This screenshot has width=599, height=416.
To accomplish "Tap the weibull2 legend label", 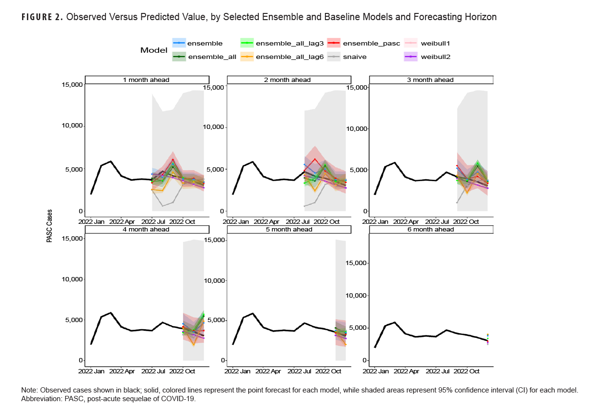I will pos(435,57).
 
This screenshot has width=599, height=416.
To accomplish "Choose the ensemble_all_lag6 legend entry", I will pos(290,57).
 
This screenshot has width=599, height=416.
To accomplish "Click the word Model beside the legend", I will pos(153,50).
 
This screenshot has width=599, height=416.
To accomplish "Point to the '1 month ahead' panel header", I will pos(147,80).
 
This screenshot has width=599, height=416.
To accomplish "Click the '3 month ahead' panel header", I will pos(430,80).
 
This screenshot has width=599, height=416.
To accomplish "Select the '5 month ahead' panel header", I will pos(288,230).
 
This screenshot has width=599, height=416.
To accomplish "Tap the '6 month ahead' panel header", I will pos(430,230).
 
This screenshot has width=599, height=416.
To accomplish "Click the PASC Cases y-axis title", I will pos(49,225).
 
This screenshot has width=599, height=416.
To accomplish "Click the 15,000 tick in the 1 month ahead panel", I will pos(71,85).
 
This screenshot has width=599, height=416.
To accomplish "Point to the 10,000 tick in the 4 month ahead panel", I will pos(71,279).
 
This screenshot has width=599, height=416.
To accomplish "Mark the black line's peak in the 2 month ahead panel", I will pos(253,162).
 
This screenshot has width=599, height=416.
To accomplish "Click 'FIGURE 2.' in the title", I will pos(42,17).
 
